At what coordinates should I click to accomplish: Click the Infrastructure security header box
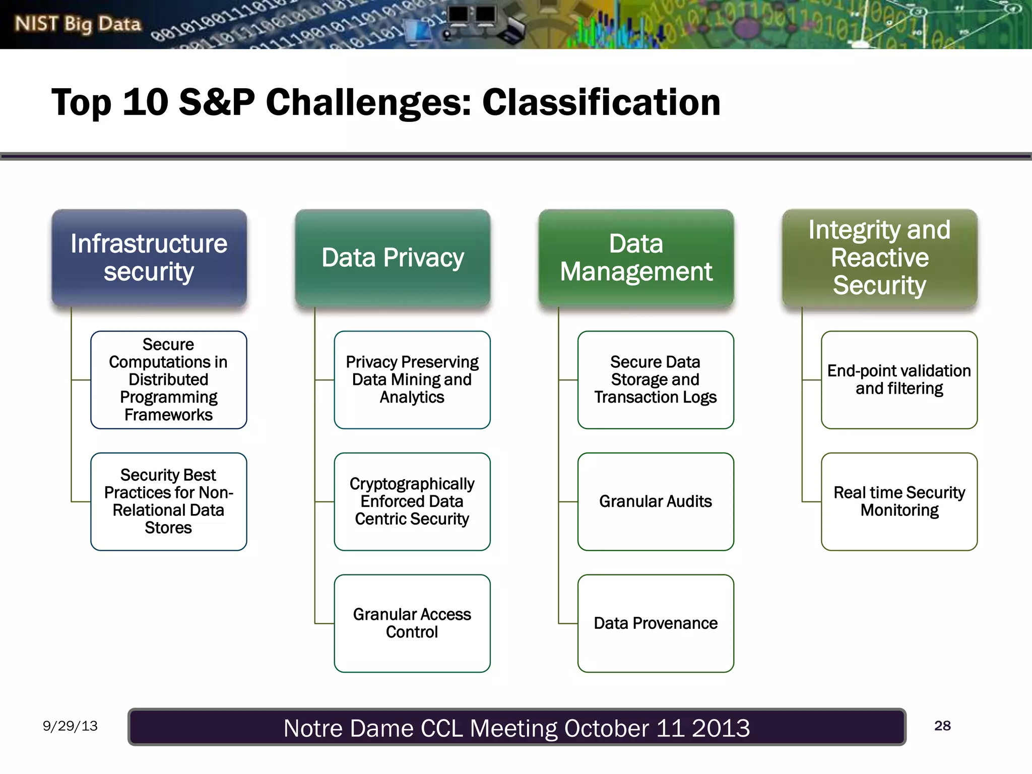point(149,258)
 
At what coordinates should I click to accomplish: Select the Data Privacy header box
point(393,258)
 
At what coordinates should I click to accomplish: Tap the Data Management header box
point(636,258)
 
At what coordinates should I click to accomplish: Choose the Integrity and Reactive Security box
point(879,258)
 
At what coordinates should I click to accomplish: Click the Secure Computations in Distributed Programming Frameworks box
point(168,380)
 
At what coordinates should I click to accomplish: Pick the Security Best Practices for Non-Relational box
point(168,501)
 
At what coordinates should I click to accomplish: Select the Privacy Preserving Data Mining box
point(412,380)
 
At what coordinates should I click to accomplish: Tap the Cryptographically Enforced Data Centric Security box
point(412,501)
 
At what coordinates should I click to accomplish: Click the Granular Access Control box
point(412,623)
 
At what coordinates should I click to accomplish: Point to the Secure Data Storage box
point(655,380)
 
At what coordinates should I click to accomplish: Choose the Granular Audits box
point(655,501)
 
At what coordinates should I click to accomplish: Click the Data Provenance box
point(655,623)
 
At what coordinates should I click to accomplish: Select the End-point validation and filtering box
point(899,380)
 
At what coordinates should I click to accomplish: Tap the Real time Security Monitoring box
point(899,501)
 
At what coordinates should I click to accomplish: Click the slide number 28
point(942,726)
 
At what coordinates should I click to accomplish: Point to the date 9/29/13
point(70,726)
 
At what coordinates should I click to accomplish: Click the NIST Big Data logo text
point(78,24)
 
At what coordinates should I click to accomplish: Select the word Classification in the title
point(601,102)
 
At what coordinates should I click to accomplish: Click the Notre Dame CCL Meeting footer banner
point(517,727)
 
